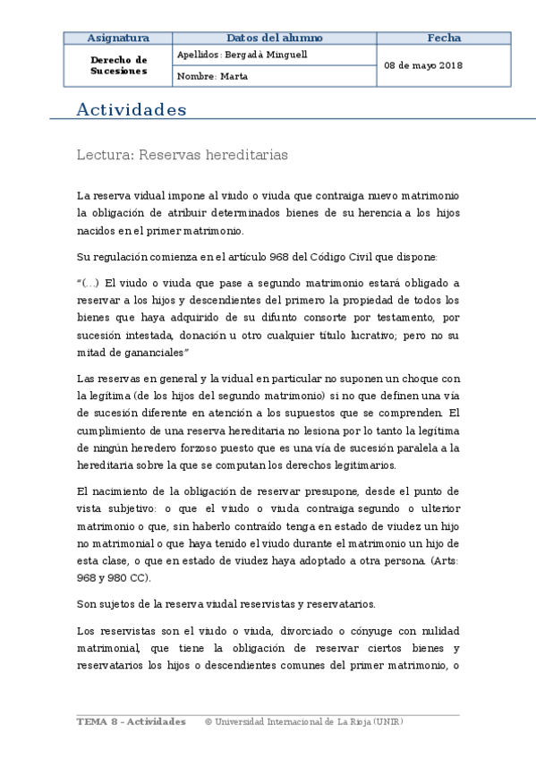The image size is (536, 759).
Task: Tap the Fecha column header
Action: pos(444,38)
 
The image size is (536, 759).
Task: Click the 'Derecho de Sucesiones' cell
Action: pos(118,65)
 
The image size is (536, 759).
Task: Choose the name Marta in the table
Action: pos(233,77)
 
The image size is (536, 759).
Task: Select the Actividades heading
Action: pos(132,110)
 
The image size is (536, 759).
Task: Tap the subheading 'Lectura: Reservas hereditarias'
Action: pos(183,154)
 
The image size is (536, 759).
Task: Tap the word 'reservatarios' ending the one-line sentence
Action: pos(344,605)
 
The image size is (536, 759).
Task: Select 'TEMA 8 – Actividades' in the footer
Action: pos(132,721)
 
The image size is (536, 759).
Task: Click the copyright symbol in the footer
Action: pos(208,721)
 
